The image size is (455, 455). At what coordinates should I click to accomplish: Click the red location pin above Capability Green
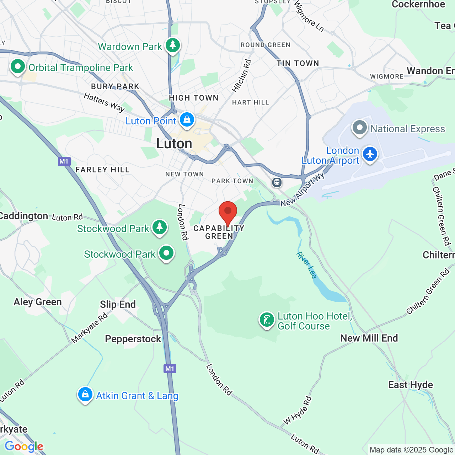(228, 212)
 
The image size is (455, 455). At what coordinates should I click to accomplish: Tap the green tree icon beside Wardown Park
(173, 45)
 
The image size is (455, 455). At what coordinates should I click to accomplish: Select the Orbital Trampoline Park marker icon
(17, 66)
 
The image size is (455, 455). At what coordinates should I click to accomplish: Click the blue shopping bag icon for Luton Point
(187, 120)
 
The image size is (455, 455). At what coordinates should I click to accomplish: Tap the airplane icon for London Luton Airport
(370, 154)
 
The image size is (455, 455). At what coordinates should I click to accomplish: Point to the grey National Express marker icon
(359, 128)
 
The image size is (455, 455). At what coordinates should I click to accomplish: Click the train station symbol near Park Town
(277, 182)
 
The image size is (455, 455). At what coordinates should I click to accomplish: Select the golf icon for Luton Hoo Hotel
(267, 320)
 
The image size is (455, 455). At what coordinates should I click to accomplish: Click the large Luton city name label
(174, 144)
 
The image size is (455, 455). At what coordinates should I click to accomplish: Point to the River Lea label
(306, 265)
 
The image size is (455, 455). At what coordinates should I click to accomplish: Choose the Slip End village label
(118, 304)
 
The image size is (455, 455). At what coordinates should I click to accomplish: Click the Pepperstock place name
(133, 339)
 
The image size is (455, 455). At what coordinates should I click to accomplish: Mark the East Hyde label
(411, 385)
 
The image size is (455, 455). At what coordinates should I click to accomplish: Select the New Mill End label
(369, 338)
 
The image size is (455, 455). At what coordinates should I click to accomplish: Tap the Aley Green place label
(38, 302)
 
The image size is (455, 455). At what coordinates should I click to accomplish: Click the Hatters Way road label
(104, 102)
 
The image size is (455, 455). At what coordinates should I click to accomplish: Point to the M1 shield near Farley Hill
(64, 162)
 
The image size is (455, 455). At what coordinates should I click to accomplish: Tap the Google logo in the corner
(24, 446)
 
